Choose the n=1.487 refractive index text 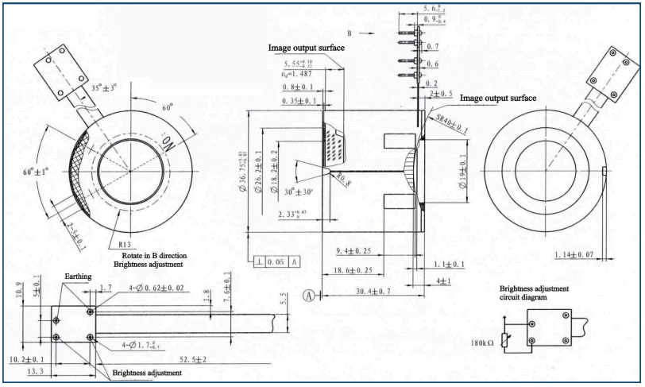[303, 70]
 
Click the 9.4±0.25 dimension [355, 251]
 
